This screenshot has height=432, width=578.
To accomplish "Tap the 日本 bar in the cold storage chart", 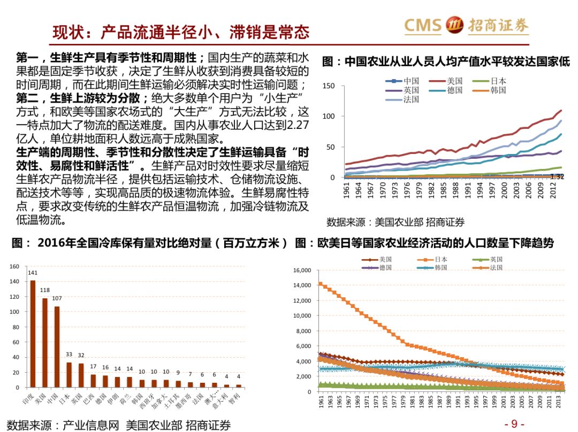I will tap(69, 374).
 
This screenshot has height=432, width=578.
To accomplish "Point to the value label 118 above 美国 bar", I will tap(45, 290).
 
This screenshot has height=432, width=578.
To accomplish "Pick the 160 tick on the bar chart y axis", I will tap(14, 266).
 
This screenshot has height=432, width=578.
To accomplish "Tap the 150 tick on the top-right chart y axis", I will tap(329, 86).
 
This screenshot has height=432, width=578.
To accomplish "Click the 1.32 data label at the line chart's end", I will tap(557, 176).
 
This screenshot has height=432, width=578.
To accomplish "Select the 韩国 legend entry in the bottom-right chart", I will tap(440, 267).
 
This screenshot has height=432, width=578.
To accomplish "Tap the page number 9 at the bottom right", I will tap(514, 424).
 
